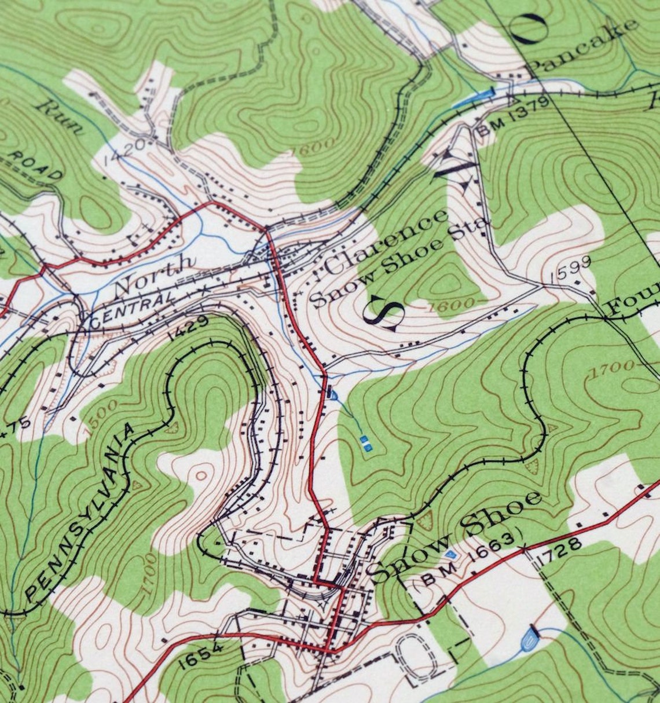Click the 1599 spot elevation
coord(571,268)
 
